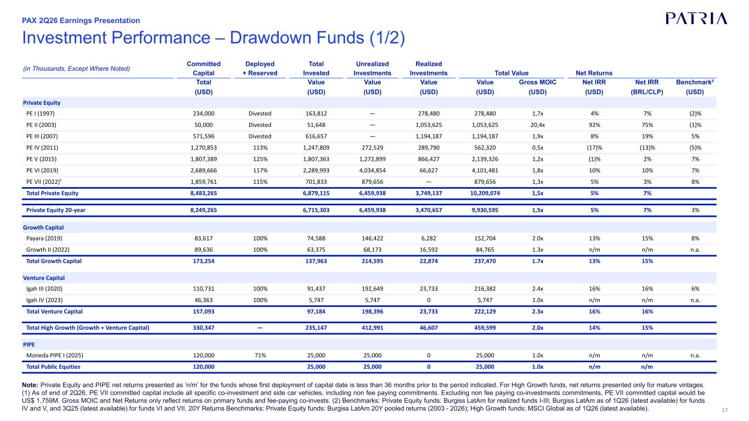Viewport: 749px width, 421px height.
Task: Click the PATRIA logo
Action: pos(696,19)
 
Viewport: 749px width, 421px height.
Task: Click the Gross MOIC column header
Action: pos(537,82)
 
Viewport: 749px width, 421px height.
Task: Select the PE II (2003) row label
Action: pos(41,125)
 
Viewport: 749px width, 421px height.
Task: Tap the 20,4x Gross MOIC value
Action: pos(538,125)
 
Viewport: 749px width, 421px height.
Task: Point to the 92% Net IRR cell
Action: pos(594,125)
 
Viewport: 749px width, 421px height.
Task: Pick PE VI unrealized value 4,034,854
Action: pos(372,171)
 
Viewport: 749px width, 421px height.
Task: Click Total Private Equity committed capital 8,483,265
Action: pos(204,193)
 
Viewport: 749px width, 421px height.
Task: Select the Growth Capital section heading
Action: pos(43,228)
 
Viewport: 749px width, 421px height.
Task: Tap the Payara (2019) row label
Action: pos(44,238)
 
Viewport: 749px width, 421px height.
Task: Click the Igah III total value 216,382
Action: pos(485,289)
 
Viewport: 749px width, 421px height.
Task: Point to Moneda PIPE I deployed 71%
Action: pos(260,356)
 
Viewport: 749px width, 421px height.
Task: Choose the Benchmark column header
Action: pos(695,82)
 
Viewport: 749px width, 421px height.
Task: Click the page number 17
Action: pos(725,411)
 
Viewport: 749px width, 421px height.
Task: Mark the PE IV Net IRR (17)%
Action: pos(594,148)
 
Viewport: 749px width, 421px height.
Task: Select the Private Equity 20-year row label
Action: pos(56,210)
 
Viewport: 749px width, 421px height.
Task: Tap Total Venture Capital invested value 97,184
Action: pos(316,312)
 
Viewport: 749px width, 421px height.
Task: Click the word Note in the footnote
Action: pos(30,385)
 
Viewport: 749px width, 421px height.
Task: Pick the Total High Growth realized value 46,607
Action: pos(429,328)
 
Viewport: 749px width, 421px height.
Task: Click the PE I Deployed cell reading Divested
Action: pos(260,114)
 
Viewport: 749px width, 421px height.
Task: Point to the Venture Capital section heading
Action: pos(44,278)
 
